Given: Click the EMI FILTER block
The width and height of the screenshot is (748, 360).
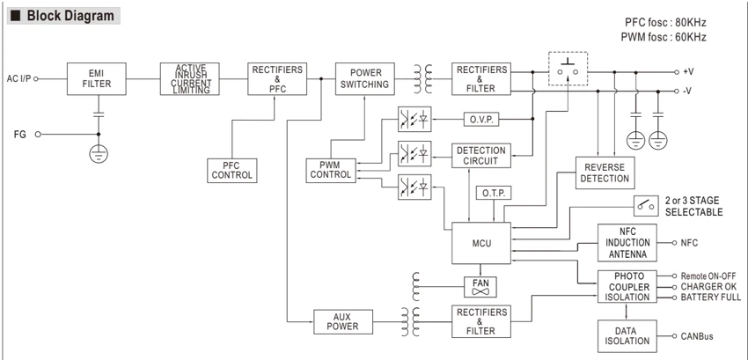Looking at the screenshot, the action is click(x=97, y=79).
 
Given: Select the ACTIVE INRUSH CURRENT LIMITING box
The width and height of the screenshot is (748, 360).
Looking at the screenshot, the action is click(x=190, y=79).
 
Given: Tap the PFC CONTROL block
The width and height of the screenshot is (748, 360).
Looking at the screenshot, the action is click(x=232, y=171).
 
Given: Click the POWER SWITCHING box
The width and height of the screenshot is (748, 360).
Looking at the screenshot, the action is click(x=365, y=79).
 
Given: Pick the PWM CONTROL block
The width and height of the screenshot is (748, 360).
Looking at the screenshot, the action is click(x=331, y=171).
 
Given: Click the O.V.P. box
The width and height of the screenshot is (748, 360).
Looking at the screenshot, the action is click(x=481, y=119).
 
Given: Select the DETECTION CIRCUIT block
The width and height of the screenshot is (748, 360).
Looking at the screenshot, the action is click(x=481, y=156).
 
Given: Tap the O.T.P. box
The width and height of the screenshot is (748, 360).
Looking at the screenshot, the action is click(x=494, y=194).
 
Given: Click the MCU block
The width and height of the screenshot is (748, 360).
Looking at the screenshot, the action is click(x=481, y=243).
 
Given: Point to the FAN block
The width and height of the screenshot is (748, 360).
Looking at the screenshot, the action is click(x=480, y=287).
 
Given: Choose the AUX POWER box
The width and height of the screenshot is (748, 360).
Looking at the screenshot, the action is click(x=343, y=322).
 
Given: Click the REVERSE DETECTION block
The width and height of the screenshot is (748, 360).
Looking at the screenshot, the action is click(x=605, y=173).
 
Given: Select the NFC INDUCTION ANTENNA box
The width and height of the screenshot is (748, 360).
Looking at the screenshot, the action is click(x=627, y=243).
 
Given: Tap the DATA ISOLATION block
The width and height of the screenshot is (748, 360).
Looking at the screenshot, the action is click(x=627, y=336).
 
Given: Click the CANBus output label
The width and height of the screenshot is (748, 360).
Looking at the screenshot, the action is click(x=697, y=336).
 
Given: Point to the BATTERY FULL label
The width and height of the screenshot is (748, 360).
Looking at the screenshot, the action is click(x=711, y=298).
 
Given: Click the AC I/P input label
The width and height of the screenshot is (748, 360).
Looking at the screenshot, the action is click(x=19, y=78).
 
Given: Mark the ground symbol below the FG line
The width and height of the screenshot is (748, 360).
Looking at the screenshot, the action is click(x=99, y=153).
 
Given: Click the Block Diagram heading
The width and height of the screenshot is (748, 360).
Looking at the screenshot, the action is click(x=70, y=16).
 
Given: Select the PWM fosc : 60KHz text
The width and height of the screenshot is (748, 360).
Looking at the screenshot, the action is click(x=664, y=37).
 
